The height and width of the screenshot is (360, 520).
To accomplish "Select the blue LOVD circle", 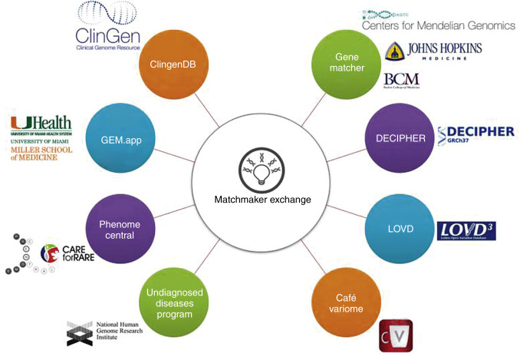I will pos(396,230).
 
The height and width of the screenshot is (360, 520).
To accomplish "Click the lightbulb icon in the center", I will pos(260,169).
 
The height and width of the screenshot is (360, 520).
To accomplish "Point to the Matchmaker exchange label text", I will pos(260,200).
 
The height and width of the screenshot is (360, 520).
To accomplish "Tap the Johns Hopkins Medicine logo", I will pos(433,53).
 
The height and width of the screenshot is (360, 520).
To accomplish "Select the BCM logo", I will pos(400,79).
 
